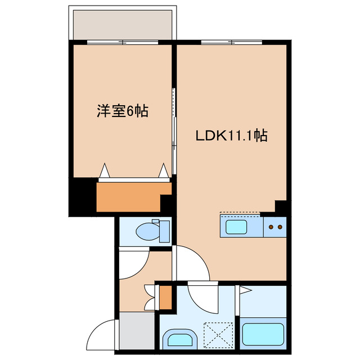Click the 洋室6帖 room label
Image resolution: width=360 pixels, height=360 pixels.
click(x=122, y=111)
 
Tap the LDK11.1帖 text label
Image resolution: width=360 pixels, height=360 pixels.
click(x=231, y=136)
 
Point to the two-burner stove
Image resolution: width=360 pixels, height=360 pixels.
click(x=275, y=227)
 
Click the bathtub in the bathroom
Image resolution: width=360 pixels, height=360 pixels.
click(x=263, y=334)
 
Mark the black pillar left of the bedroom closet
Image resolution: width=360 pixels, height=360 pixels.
click(x=82, y=196)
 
